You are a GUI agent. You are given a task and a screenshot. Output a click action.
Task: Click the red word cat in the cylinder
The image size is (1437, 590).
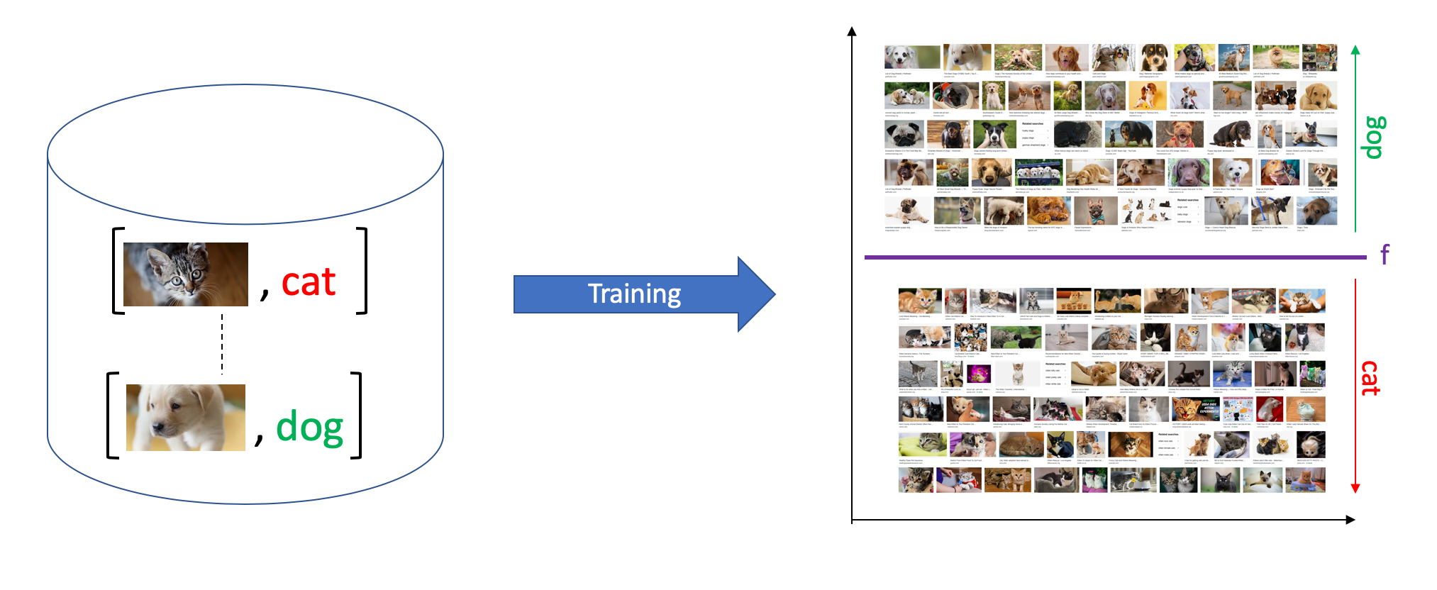click(x=309, y=283)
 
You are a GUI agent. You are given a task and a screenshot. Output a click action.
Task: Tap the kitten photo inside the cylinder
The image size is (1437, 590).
click(x=186, y=274)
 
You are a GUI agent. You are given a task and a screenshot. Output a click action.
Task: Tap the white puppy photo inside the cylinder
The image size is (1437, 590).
click(x=186, y=418)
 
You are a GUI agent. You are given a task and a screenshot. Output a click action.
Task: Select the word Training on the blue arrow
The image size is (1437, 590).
click(x=634, y=294)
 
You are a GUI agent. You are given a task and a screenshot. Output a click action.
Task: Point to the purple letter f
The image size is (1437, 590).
click(x=1384, y=254)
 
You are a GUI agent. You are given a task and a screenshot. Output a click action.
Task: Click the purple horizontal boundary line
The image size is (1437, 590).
click(x=1114, y=257)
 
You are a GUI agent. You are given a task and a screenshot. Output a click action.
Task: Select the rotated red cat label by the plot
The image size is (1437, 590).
click(x=1370, y=378)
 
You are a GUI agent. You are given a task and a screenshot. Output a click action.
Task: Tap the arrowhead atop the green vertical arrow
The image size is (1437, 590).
click(x=1355, y=50)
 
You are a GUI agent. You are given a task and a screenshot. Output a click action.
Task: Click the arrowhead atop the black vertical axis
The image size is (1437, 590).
click(x=852, y=32)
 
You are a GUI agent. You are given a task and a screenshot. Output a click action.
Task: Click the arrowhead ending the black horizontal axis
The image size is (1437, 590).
click(x=1350, y=520)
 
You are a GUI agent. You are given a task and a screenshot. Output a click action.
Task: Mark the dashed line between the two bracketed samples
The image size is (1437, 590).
click(x=222, y=344)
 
